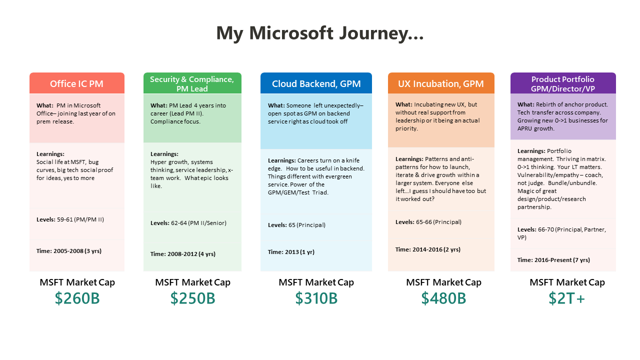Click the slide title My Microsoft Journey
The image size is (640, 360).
(x=320, y=33)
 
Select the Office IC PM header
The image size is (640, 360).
(x=76, y=83)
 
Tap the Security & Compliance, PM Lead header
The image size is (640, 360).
(x=192, y=83)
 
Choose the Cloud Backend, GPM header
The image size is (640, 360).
(x=316, y=83)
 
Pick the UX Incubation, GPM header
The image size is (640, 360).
(x=441, y=83)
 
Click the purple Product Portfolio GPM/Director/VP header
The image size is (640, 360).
(x=563, y=83)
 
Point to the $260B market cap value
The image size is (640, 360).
(x=77, y=298)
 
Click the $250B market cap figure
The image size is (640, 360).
(x=192, y=298)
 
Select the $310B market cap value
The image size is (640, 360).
(x=316, y=298)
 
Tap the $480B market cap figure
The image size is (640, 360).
(x=443, y=298)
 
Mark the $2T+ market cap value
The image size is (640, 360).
(x=566, y=298)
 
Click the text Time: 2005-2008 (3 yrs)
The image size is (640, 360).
(x=69, y=251)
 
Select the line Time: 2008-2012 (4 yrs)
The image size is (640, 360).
(x=183, y=254)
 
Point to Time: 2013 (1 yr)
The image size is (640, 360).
(x=291, y=252)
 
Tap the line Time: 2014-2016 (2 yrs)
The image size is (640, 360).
(x=428, y=249)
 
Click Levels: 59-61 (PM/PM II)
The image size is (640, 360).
(x=70, y=219)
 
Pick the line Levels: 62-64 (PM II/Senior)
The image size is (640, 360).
(x=188, y=223)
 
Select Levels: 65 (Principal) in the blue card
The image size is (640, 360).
(x=296, y=225)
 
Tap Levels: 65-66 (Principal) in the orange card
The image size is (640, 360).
(x=428, y=222)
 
